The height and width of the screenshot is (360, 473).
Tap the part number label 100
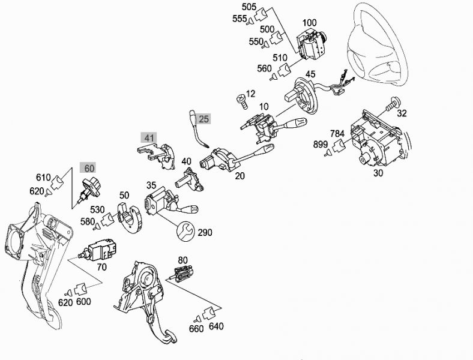point(309,23)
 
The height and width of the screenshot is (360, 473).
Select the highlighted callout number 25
point(204,119)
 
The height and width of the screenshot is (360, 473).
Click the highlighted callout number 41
point(149,138)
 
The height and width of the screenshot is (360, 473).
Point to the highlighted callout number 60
point(89,168)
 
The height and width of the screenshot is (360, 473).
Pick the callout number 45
point(310,74)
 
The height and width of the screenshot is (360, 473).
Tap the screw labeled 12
point(241,97)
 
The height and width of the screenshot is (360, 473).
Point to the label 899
point(320,145)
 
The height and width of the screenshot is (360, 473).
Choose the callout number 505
point(249,7)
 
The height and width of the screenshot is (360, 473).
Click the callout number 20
point(240,176)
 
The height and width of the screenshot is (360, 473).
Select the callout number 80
point(182,261)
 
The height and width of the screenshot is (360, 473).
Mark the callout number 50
point(124,195)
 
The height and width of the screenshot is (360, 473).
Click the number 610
point(43,178)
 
